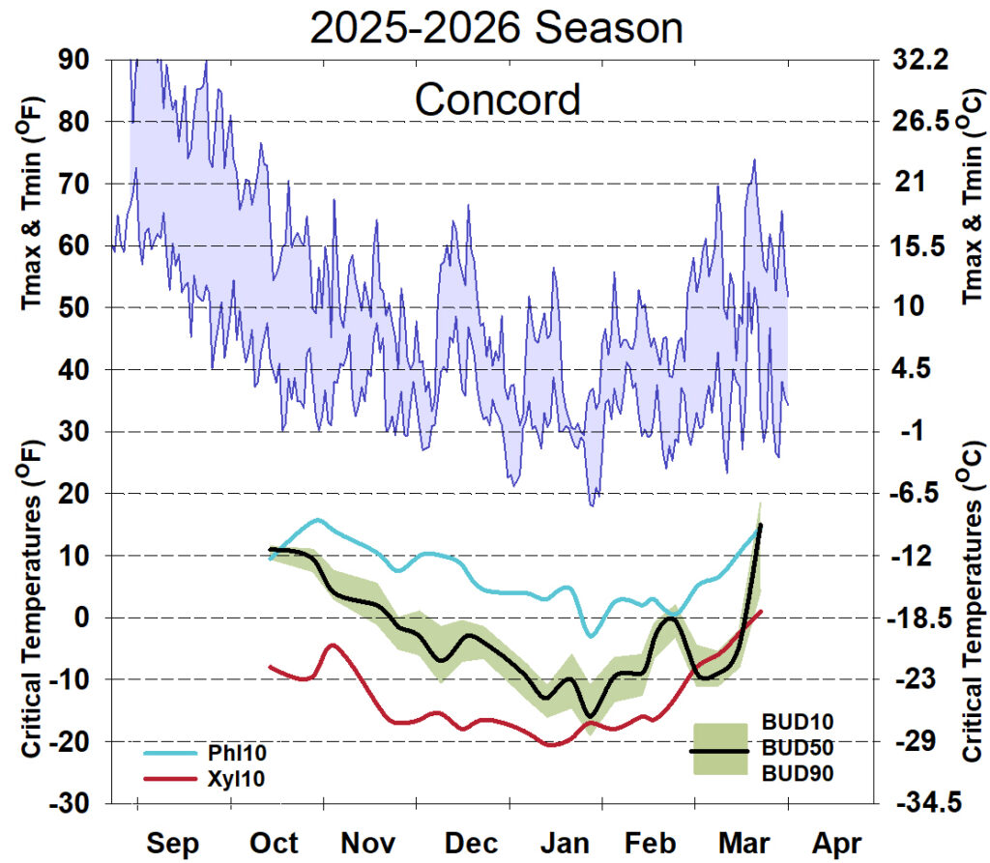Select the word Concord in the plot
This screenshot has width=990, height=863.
[498, 100]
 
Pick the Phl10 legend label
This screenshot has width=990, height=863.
[233, 751]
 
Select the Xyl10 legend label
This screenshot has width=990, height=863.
[232, 778]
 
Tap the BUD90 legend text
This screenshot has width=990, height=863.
[798, 773]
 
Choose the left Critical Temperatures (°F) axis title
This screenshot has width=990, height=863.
[31, 618]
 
